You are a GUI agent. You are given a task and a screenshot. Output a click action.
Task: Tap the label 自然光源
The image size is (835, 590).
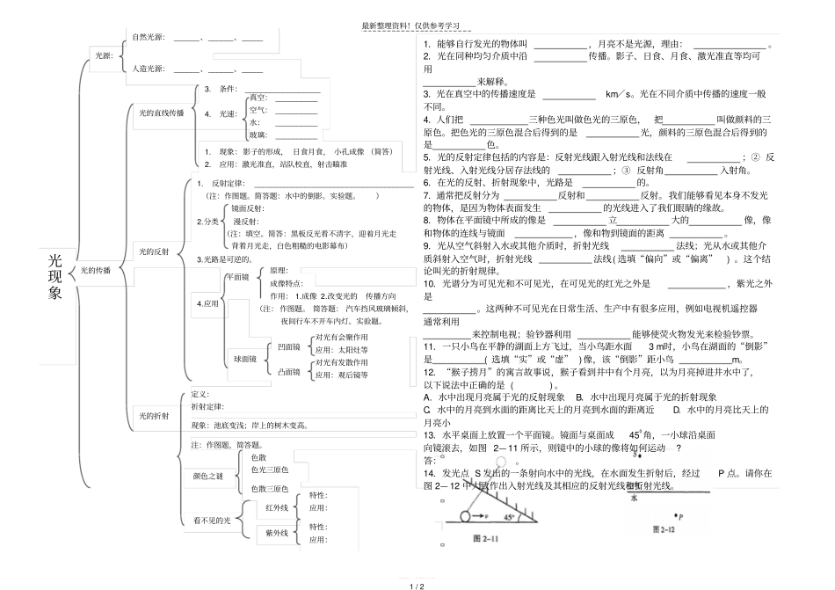coord(149,37)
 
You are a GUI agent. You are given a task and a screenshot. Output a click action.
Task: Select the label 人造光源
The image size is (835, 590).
coord(149,69)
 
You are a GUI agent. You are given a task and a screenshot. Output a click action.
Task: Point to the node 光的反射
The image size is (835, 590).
coord(155,251)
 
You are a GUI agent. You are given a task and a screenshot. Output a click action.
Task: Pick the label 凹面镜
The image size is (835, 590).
coord(287,347)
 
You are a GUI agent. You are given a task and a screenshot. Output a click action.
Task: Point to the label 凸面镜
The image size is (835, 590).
coord(287,373)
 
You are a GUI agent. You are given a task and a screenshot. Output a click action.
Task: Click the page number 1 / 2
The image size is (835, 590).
coord(417,585)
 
